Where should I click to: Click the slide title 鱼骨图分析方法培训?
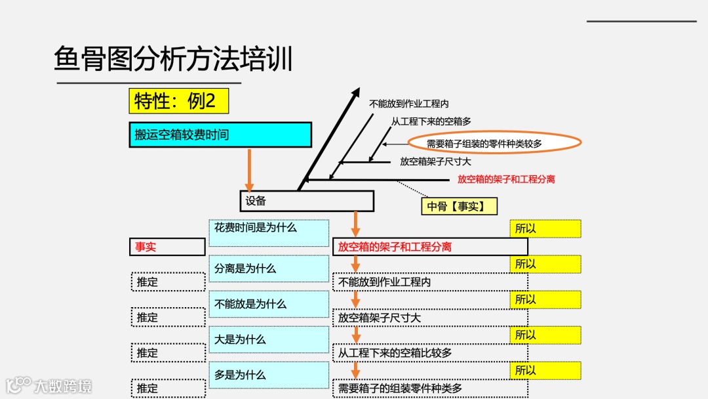pyautogui.click(x=173, y=59)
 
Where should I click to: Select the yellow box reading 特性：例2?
pyautogui.click(x=178, y=101)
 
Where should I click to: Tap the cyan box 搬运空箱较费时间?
pyautogui.click(x=220, y=135)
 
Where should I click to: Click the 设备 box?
pyautogui.click(x=306, y=201)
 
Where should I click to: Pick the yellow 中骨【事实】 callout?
pyautogui.click(x=459, y=206)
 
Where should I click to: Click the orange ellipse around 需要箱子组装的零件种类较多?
pyautogui.click(x=494, y=142)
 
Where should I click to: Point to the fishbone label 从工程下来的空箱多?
pyautogui.click(x=431, y=121)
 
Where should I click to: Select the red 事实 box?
pyautogui.click(x=168, y=247)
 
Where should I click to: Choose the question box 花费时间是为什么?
pyautogui.click(x=269, y=233)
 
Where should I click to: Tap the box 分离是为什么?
pyautogui.click(x=269, y=268)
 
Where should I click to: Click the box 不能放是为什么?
pyautogui.click(x=269, y=304)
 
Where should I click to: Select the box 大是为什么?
pyautogui.click(x=269, y=339)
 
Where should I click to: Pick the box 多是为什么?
pyautogui.click(x=269, y=375)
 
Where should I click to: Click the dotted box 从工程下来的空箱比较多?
pyautogui.click(x=430, y=353)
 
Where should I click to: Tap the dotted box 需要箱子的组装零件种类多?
pyautogui.click(x=430, y=388)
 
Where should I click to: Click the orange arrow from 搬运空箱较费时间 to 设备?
pyautogui.click(x=249, y=169)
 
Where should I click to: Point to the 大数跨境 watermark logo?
pyautogui.click(x=49, y=385)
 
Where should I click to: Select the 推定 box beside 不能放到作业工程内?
pyautogui.click(x=168, y=282)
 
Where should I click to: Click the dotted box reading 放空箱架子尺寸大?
pyautogui.click(x=430, y=318)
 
